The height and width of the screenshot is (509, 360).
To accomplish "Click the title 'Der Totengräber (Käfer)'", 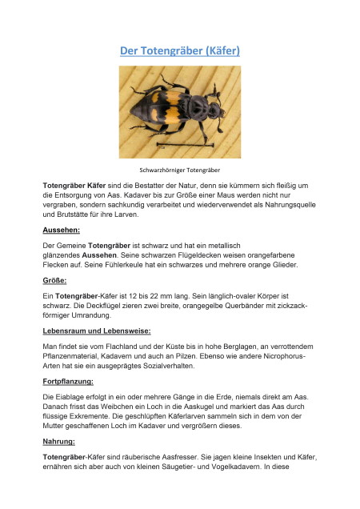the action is pos(180,50).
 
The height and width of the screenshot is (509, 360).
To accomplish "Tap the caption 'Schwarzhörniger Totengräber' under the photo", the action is pos(180,170).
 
